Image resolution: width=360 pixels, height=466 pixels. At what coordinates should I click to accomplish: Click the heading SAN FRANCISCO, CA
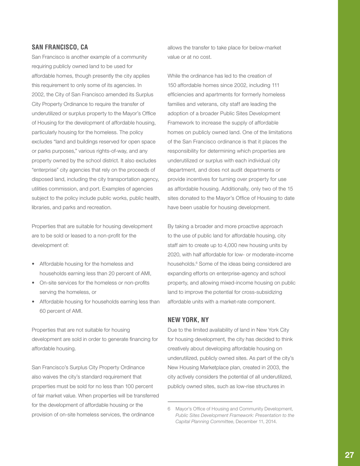(59, 47)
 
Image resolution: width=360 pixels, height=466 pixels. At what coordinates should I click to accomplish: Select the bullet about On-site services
(94, 282)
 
